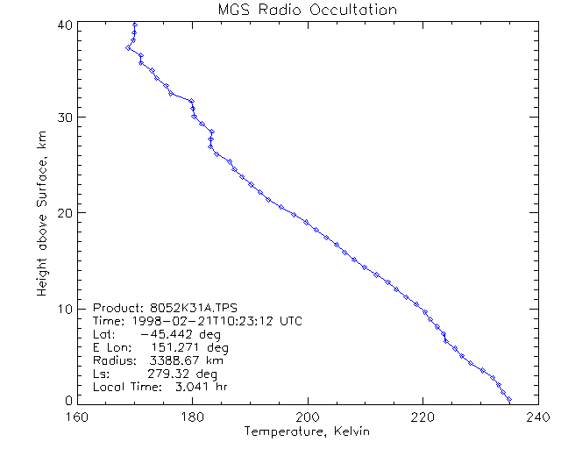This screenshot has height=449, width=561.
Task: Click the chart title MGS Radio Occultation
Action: [x=307, y=10]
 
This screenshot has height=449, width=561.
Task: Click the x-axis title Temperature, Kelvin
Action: [x=307, y=431]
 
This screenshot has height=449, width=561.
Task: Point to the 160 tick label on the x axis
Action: [x=78, y=416]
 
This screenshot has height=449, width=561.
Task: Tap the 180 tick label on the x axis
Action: [x=192, y=416]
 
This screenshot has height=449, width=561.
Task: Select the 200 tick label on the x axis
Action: [x=307, y=416]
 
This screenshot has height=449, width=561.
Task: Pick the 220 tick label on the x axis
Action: [x=422, y=416]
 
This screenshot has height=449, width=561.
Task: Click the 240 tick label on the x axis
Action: [x=536, y=416]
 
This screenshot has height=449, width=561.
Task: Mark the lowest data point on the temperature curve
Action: [x=509, y=399]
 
